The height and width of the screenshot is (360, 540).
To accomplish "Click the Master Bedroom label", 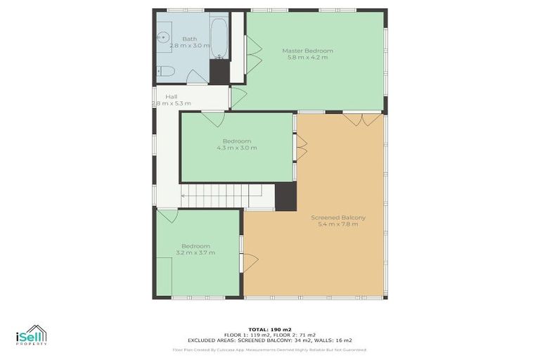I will click(x=307, y=51).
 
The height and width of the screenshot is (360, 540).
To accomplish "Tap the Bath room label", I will click(x=189, y=39).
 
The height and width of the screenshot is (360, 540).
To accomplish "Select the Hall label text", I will click(x=171, y=96).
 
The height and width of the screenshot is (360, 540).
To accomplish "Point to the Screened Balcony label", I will click(x=338, y=217).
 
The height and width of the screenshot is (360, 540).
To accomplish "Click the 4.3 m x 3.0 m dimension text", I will click(x=237, y=148).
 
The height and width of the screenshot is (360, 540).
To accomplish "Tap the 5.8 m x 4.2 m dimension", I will click(x=307, y=58).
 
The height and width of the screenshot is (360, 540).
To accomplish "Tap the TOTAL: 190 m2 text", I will click(x=269, y=329).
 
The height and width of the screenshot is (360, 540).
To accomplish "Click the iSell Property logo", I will click(x=31, y=335).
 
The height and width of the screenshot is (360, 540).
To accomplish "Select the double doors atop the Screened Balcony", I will click(x=363, y=119).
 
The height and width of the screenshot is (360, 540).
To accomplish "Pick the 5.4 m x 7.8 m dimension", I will click(x=338, y=224).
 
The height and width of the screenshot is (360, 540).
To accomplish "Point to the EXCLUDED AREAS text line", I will click(x=269, y=340).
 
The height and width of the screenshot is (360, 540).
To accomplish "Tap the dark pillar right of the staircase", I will click(x=284, y=196).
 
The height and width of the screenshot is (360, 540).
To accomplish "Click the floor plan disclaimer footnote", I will click(x=269, y=349).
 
